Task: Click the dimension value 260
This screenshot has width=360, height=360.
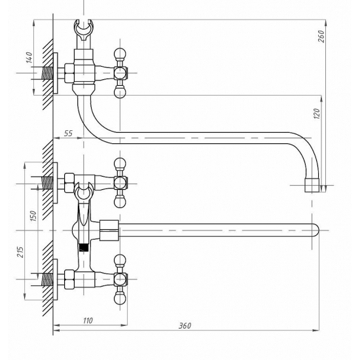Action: pyautogui.click(x=321, y=36)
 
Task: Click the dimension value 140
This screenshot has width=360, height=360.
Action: pyautogui.click(x=29, y=58)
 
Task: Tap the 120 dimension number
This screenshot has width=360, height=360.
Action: pyautogui.click(x=317, y=114)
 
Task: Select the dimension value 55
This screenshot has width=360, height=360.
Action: pyautogui.click(x=68, y=133)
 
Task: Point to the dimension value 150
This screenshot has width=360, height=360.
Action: pyautogui.click(x=33, y=216)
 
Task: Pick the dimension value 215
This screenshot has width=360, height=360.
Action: pyautogui.click(x=20, y=252)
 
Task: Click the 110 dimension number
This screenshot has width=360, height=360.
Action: pyautogui.click(x=88, y=320)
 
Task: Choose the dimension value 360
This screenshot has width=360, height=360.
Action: pyautogui.click(x=185, y=325)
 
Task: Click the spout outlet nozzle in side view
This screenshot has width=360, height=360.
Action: pyautogui.click(x=312, y=185)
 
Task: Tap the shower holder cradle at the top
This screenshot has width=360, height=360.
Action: pyautogui.click(x=84, y=30)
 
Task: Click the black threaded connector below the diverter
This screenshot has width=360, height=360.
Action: pyautogui.click(x=83, y=247)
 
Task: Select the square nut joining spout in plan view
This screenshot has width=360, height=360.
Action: pyautogui.click(x=109, y=230)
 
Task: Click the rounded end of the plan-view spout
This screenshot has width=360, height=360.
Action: pyautogui.click(x=316, y=230)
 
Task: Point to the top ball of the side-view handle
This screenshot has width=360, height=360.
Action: pyautogui.click(x=120, y=54)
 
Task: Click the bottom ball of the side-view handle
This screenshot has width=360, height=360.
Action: pyautogui.click(x=120, y=92)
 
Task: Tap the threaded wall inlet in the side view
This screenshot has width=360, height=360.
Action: pyautogui.click(x=47, y=73)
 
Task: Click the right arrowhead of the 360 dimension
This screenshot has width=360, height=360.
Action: pyautogui.click(x=316, y=331)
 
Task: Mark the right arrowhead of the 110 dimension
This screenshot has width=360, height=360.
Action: pyautogui.click(x=124, y=325)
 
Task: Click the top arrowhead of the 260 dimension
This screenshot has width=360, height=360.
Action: pyautogui.click(x=326, y=22)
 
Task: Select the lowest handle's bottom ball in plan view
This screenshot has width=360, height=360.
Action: pyautogui.click(x=120, y=299)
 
